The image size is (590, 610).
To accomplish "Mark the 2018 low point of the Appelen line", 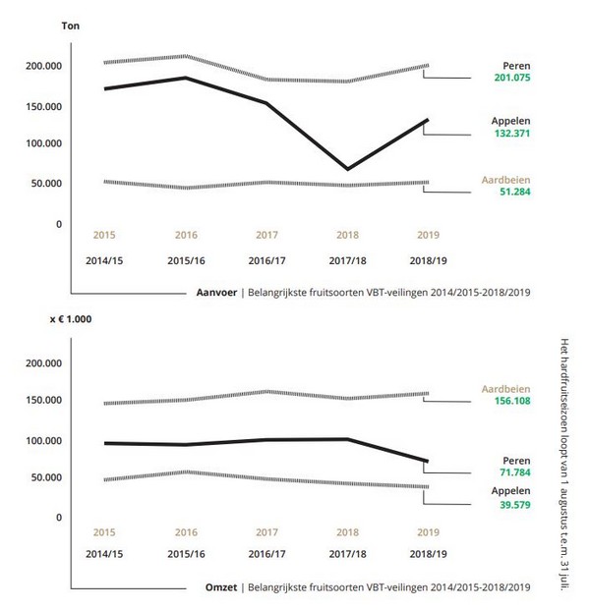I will point(347,169).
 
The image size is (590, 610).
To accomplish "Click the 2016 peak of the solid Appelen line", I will point(185,78).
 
